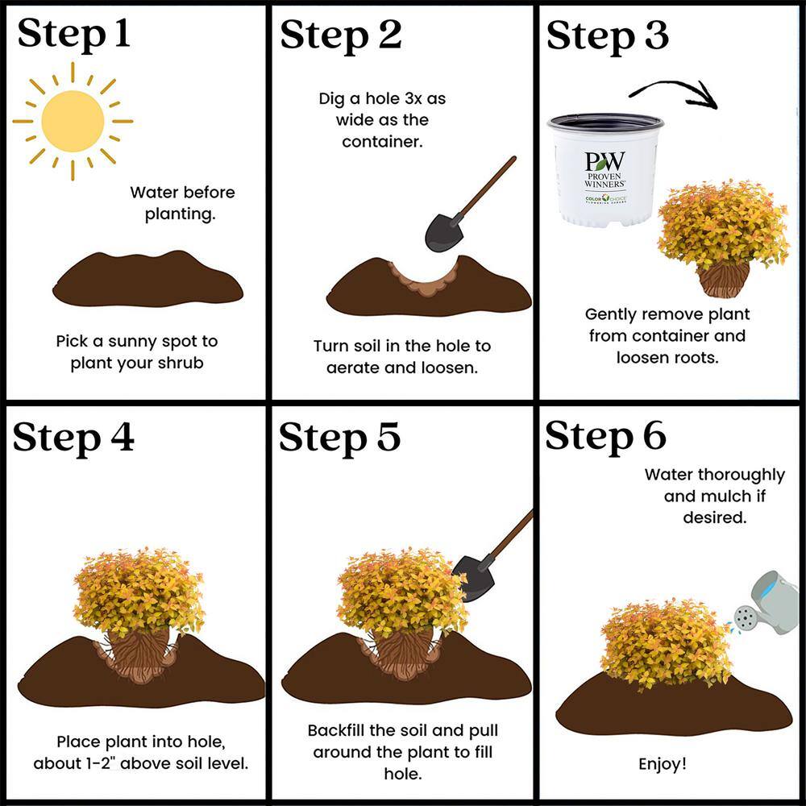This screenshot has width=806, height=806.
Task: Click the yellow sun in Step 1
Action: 73,122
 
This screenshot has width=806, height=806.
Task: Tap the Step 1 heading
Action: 73,34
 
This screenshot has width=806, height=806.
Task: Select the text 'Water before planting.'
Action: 182,203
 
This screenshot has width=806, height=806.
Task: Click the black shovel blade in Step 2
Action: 443,232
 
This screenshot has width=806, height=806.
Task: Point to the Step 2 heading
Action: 340,35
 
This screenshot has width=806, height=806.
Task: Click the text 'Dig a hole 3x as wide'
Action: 382,109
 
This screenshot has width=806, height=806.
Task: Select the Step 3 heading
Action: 608,35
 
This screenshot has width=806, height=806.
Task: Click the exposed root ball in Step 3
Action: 723,279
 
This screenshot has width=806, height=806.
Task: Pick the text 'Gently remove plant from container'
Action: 667,325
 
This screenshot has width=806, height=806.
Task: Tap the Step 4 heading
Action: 73,438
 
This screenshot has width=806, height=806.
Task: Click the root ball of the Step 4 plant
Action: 139,656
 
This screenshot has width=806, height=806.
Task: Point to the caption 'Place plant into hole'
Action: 140,742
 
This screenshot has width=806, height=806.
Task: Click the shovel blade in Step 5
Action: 473,579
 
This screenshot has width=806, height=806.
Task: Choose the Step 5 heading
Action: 340,438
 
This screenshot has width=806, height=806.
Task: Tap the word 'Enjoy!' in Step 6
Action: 663,764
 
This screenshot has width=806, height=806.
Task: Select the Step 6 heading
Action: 606,436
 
